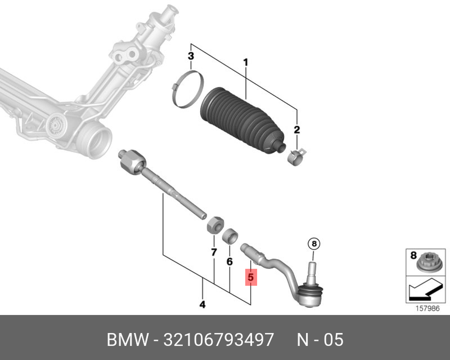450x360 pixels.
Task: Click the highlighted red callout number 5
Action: (251, 278)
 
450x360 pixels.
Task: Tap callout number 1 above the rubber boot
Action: (245, 62)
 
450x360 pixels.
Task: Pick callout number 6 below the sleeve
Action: (229, 261)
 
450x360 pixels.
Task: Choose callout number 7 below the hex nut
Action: (214, 252)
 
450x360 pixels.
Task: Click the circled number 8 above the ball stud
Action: (314, 244)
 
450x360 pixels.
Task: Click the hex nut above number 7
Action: (215, 225)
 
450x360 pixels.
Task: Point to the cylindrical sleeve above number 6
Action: (230, 236)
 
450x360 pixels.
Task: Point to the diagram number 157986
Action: (427, 309)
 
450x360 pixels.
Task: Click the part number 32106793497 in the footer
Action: (219, 340)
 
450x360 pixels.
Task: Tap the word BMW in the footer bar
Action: (128, 340)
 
